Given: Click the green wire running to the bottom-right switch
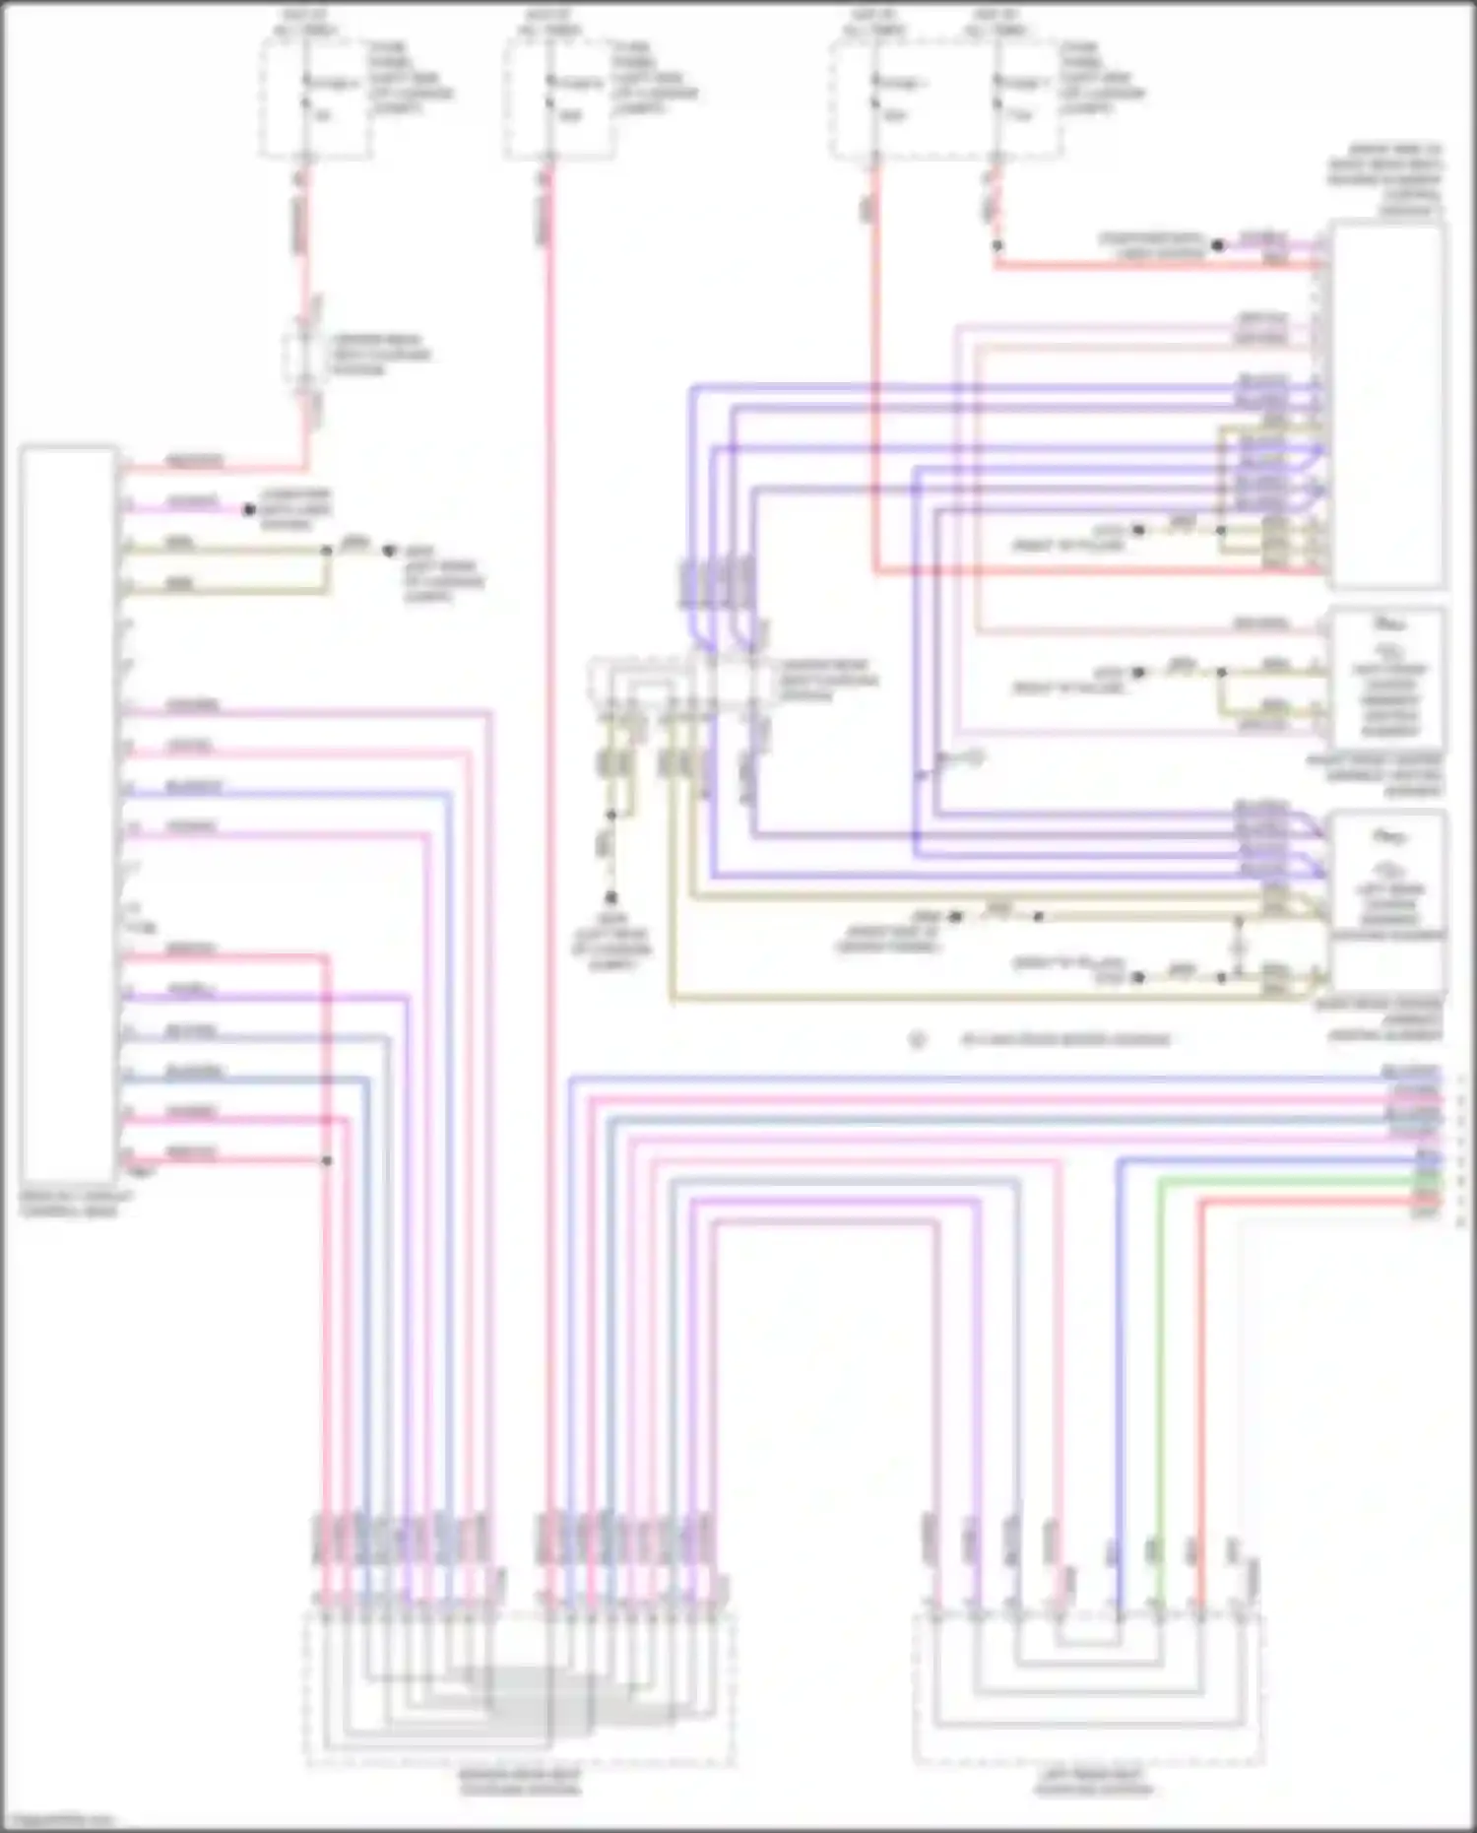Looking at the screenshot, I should click(x=1160, y=1379).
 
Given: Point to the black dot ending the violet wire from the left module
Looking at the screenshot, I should click(x=249, y=509).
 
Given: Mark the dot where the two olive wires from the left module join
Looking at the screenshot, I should click(x=327, y=551).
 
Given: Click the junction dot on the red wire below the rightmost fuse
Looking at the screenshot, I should click(x=996, y=246).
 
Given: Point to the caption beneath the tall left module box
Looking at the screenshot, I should click(x=68, y=1203).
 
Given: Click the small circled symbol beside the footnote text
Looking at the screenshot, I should click(x=918, y=1039).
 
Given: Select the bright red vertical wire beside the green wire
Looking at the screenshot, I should click(x=1200, y=1379).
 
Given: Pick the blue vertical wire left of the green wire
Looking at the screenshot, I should click(x=1120, y=1379).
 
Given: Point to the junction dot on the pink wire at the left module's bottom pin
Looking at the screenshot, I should click(x=327, y=1160).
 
